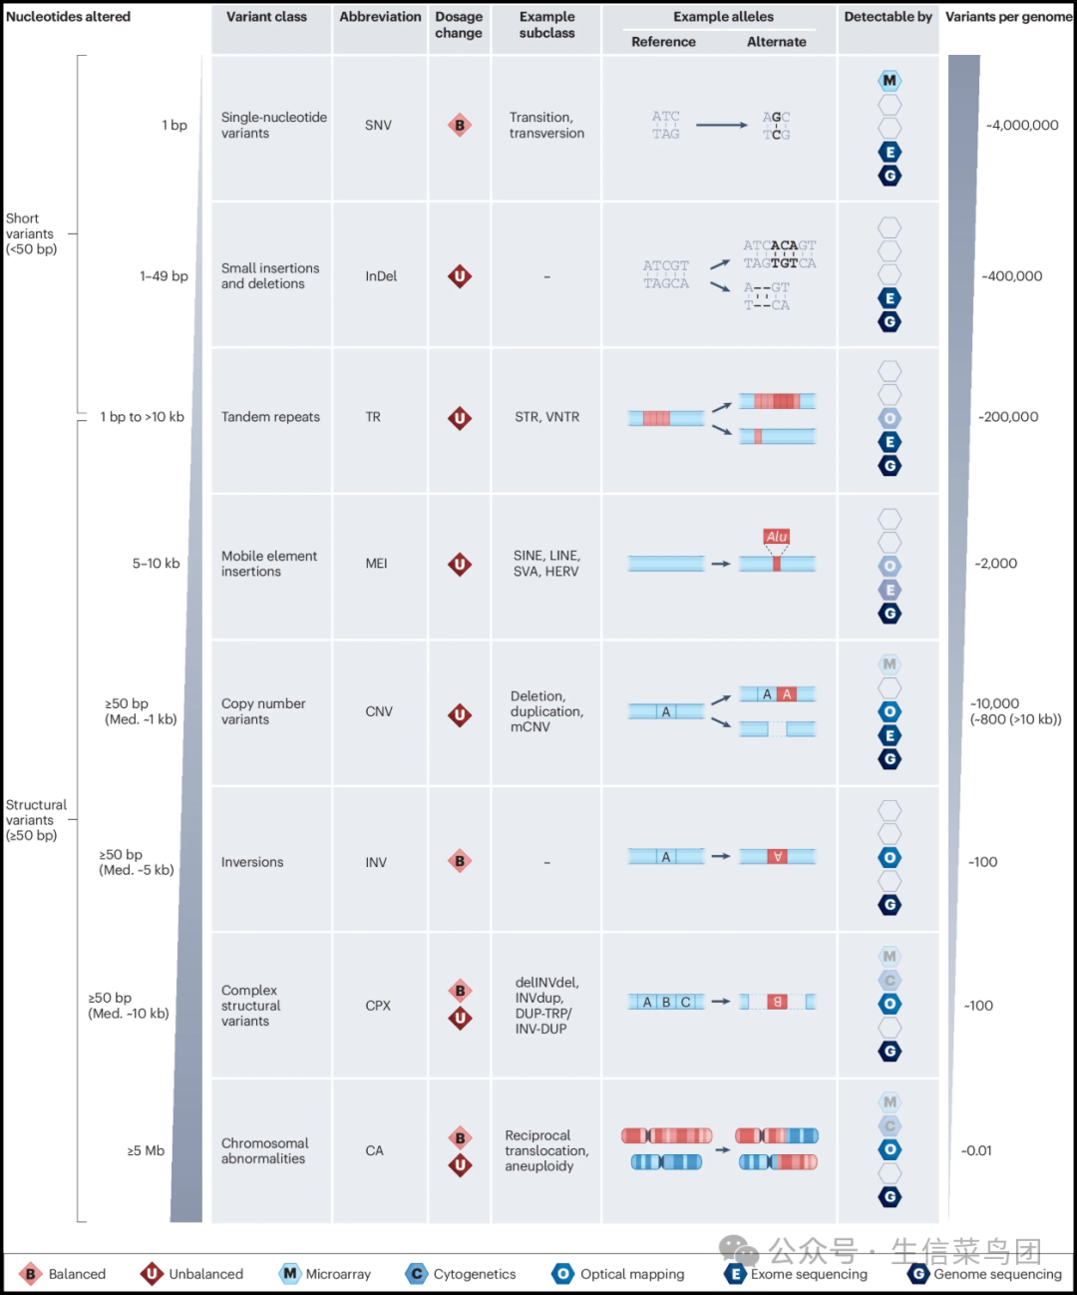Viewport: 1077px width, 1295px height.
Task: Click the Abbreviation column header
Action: (380, 17)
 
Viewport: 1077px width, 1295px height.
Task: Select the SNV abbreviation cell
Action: (378, 126)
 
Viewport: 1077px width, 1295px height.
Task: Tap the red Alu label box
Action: (776, 537)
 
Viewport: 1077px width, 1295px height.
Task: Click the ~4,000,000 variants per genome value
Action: (1022, 126)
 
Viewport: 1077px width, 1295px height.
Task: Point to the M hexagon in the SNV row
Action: (890, 81)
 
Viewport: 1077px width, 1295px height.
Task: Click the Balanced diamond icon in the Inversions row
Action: (460, 861)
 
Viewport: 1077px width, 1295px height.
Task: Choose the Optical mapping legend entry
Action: (618, 1274)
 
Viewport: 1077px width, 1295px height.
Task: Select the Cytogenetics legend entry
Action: (461, 1274)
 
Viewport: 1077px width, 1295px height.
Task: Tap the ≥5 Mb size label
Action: (146, 1150)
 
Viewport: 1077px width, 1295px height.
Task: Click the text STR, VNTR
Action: (546, 417)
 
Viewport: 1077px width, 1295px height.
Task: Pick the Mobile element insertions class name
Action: (269, 563)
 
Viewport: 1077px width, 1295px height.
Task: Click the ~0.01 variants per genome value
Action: (976, 1150)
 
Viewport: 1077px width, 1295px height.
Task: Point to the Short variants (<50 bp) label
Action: (31, 233)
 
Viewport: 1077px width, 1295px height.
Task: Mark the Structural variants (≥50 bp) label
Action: (36, 820)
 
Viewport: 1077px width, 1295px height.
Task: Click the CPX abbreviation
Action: (378, 1006)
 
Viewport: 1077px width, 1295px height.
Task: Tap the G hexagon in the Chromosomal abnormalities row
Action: (890, 1197)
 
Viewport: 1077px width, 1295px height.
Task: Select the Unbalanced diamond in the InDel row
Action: (460, 276)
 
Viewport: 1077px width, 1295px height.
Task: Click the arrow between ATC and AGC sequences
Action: (722, 126)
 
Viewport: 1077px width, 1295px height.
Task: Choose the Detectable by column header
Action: (888, 17)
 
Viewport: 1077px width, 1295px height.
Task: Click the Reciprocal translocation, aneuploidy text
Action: (546, 1150)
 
